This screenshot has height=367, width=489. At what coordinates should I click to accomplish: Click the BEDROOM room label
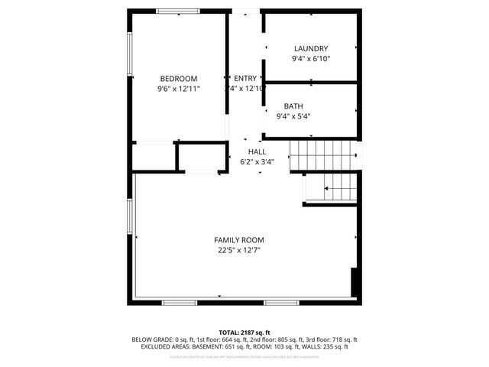click(179, 79)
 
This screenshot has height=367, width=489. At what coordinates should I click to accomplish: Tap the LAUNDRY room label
click(310, 48)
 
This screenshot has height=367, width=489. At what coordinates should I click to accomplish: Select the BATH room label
click(293, 106)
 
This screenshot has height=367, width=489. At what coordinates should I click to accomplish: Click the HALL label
click(257, 151)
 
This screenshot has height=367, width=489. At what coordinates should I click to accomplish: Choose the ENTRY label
click(245, 78)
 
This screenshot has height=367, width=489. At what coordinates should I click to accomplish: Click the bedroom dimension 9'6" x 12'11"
click(179, 89)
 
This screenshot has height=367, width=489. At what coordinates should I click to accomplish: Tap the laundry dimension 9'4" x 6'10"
click(310, 58)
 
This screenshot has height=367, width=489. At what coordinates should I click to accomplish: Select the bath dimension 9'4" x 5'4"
click(293, 116)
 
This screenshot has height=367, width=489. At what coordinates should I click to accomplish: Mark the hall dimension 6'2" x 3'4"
click(257, 161)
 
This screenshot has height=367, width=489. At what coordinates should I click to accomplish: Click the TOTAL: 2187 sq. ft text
click(244, 333)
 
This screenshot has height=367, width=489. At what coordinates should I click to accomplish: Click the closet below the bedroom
click(154, 157)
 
